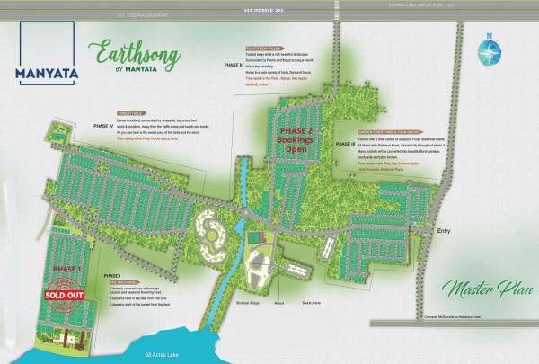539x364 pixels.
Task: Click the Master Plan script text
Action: click(481, 290)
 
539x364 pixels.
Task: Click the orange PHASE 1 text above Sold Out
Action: click(66, 269)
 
